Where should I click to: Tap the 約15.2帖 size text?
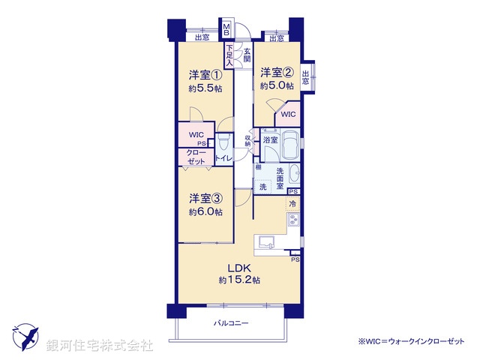click(x=239, y=280)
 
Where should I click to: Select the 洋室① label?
click(x=204, y=75)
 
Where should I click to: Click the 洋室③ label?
click(x=204, y=199)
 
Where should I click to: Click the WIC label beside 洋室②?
click(x=288, y=115)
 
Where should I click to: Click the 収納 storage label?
click(x=248, y=140)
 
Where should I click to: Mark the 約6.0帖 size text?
click(x=204, y=212)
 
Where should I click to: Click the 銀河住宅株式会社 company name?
click(x=99, y=346)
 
